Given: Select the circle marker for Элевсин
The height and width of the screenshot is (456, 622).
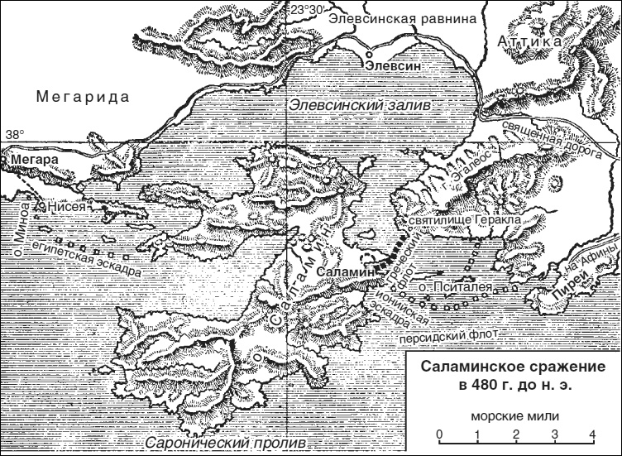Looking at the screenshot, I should (x=370, y=58).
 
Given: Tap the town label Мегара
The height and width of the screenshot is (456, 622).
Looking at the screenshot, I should (x=29, y=159).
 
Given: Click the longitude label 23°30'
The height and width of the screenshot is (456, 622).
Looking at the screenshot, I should (x=307, y=8).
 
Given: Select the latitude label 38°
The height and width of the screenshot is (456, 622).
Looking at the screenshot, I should (x=15, y=134).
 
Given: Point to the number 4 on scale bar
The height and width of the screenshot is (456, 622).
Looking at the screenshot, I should (x=592, y=434).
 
